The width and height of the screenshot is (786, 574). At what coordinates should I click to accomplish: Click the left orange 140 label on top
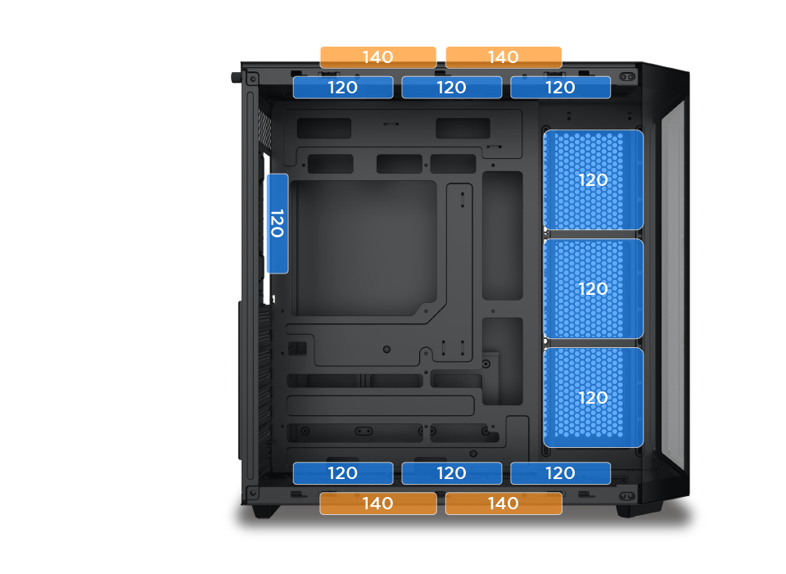pyautogui.click(x=377, y=57)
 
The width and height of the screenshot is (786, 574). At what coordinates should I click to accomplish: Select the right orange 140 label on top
pyautogui.click(x=504, y=57)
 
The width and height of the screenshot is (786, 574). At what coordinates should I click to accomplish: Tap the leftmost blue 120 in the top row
pyautogui.click(x=343, y=88)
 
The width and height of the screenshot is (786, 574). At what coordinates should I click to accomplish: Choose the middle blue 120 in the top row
pyautogui.click(x=452, y=88)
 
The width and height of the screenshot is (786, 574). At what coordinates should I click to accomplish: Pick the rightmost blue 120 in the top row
pyautogui.click(x=561, y=88)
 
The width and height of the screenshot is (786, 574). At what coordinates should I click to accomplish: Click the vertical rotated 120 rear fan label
pyautogui.click(x=278, y=224)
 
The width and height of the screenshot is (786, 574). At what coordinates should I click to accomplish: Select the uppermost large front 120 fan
pyautogui.click(x=594, y=180)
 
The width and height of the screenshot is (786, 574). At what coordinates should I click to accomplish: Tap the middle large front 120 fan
pyautogui.click(x=594, y=289)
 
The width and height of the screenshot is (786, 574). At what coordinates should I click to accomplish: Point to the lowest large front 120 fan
pyautogui.click(x=594, y=398)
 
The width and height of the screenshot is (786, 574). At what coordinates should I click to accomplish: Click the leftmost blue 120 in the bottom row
pyautogui.click(x=343, y=473)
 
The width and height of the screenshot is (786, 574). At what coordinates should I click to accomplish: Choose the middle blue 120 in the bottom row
pyautogui.click(x=452, y=473)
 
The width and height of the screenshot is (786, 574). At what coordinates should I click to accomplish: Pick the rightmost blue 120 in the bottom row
pyautogui.click(x=561, y=473)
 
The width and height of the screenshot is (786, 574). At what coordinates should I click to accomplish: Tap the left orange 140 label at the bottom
pyautogui.click(x=377, y=504)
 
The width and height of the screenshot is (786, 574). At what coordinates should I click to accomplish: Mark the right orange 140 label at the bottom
pyautogui.click(x=504, y=504)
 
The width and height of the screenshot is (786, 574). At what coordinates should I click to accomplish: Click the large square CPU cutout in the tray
pyautogui.click(x=364, y=247)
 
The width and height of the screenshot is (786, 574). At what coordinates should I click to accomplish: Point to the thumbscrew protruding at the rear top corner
pyautogui.click(x=236, y=78)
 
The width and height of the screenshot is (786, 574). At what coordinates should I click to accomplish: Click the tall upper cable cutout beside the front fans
pyautogui.click(x=503, y=235)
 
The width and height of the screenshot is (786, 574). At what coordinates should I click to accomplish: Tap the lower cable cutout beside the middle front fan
pyautogui.click(x=503, y=360)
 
